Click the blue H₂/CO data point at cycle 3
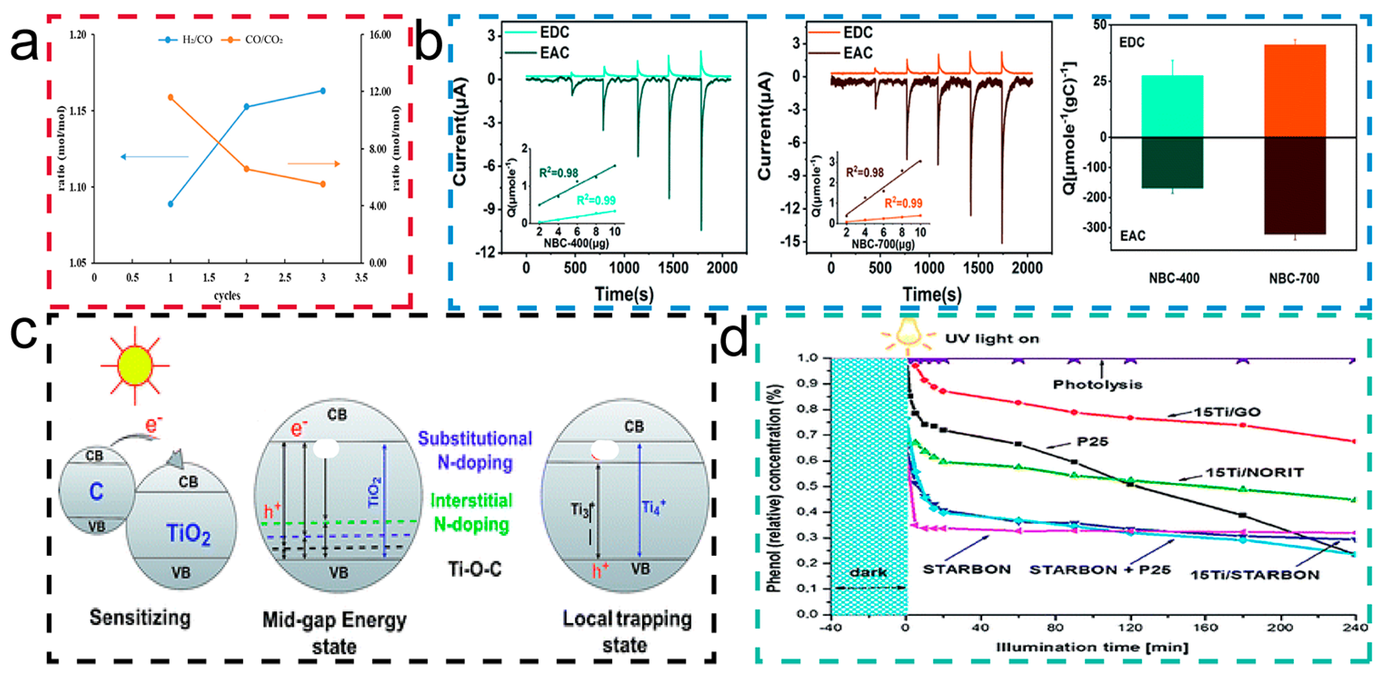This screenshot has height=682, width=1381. (323, 90)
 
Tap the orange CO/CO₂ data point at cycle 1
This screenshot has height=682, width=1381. (170, 97)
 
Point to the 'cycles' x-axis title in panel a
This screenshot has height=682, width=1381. (227, 295)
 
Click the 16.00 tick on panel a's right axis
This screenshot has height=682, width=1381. (380, 35)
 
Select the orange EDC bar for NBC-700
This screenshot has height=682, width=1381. (1295, 91)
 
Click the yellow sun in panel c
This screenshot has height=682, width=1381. (135, 366)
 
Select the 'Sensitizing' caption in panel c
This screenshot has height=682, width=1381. (140, 617)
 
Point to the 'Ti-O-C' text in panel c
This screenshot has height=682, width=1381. (475, 569)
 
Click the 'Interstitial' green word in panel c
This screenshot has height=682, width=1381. (471, 500)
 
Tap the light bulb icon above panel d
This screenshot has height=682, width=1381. (908, 332)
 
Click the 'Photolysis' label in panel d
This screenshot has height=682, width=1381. (1097, 385)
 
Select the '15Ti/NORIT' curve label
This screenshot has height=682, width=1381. (1254, 472)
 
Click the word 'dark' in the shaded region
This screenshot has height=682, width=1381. (868, 572)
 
